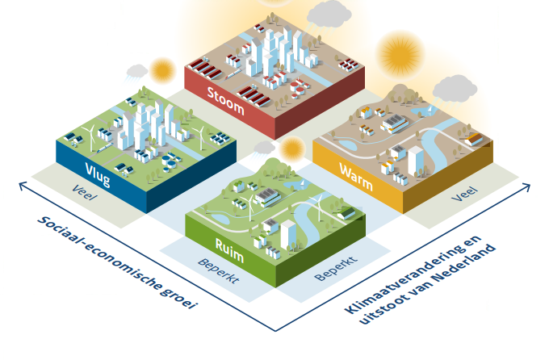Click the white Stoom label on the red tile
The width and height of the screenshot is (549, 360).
(225, 94)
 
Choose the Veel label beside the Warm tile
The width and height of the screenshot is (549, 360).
(464, 194)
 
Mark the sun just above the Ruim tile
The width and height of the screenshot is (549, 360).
(291, 149)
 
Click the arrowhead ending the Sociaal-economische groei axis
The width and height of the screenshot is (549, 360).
(21, 186)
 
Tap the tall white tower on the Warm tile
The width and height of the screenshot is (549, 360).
(416, 160)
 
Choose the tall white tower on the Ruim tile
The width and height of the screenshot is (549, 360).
(287, 232)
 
